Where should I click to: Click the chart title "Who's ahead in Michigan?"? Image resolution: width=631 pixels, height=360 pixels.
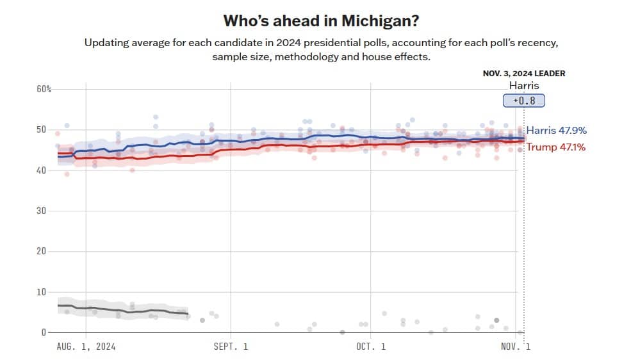pos(321,20)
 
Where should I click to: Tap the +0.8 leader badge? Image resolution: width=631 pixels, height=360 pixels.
pos(524,101)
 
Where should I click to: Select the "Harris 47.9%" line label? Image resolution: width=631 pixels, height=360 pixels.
pos(556,131)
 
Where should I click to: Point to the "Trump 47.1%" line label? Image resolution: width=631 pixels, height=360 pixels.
pos(555,148)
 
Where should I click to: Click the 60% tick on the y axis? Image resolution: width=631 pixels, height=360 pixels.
pos(44,89)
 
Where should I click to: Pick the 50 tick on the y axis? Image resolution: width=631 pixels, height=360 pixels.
pos(41,130)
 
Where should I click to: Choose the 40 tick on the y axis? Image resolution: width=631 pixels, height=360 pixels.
pos(41,170)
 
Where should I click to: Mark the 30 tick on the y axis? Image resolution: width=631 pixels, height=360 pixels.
pos(41,211)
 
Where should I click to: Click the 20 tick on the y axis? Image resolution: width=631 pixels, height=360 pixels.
pos(41,251)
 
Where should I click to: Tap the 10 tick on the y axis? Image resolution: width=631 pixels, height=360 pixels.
pos(41,292)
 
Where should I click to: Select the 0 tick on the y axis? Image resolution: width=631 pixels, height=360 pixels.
pos(44,332)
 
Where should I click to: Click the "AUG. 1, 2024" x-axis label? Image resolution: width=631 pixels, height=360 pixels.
pos(86,347)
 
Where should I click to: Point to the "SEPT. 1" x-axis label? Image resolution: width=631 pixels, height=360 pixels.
pos(230,347)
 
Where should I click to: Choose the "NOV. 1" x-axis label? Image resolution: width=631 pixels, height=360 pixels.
pos(515,347)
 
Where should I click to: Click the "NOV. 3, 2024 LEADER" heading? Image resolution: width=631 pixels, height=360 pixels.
pos(523,74)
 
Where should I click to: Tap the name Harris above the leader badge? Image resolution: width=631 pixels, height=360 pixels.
pos(523,85)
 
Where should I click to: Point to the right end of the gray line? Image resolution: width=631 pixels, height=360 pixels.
pos(187,314)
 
